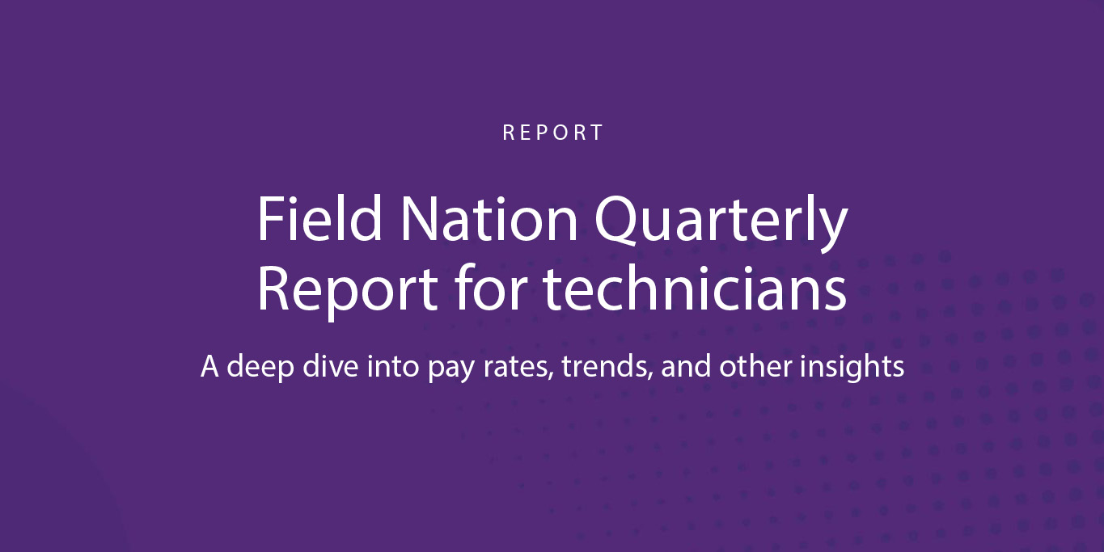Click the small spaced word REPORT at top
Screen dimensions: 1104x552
coord(552,133)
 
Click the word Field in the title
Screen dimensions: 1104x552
coord(319,218)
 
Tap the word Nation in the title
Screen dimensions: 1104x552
coord(489,218)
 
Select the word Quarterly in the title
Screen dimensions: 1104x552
coord(721,223)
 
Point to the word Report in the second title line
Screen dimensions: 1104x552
coord(348,290)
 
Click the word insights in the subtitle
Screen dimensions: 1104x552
coord(852,369)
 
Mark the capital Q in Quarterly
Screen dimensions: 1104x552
coord(618,220)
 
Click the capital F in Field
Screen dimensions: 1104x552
coord(270,218)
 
